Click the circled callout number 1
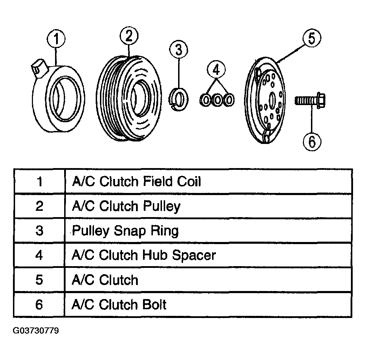coord(56,39)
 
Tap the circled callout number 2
coord(129,36)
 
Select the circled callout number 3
coord(178,50)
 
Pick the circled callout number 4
coord(216,69)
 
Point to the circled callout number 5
coord(312,38)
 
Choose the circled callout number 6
coord(312,141)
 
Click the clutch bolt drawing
coord(310,101)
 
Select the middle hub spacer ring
coord(217,100)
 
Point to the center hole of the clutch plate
coord(272,101)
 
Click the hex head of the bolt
coord(321,101)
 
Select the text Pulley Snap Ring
coord(126,231)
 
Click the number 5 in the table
coord(39,280)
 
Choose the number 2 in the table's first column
coord(39,206)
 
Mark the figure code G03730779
coord(36,331)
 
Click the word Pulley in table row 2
coord(162,207)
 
